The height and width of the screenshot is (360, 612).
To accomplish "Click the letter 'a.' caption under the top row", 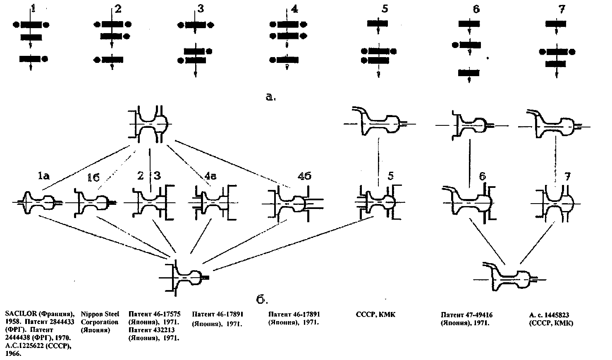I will [x=270, y=97].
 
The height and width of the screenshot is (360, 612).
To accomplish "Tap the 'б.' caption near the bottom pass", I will [x=262, y=299].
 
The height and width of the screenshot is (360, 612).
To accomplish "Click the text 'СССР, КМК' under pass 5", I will [x=375, y=314].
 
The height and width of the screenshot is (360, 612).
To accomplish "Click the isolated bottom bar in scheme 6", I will [x=469, y=73].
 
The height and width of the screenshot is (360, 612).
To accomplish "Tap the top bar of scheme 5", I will [x=378, y=24].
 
